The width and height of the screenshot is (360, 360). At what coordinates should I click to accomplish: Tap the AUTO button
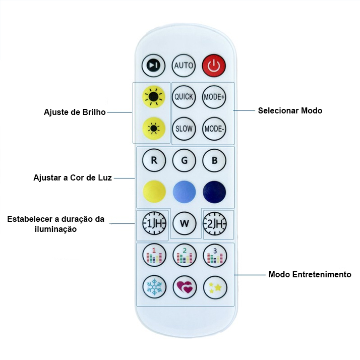pyautogui.click(x=184, y=66)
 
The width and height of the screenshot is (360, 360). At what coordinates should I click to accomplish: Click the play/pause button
pyautogui.click(x=153, y=66)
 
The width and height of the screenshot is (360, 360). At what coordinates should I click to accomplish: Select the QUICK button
pyautogui.click(x=184, y=96)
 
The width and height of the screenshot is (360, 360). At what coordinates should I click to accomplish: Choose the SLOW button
pyautogui.click(x=184, y=128)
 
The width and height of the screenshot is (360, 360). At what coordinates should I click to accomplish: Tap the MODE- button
pyautogui.click(x=214, y=128)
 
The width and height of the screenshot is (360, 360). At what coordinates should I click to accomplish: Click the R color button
pyautogui.click(x=154, y=161)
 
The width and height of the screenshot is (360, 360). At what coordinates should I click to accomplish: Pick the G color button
pyautogui.click(x=184, y=161)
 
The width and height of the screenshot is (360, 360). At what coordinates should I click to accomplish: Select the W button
pyautogui.click(x=184, y=223)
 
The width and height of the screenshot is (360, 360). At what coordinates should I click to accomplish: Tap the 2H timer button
pyautogui.click(x=215, y=223)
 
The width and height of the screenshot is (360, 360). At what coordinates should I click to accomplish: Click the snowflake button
pyautogui.click(x=153, y=287)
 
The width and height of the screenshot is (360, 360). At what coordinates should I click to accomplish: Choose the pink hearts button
pyautogui.click(x=185, y=287)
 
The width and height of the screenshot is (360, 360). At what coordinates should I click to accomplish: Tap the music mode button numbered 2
pyautogui.click(x=185, y=256)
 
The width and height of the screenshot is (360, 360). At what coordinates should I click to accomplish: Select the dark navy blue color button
pyautogui.click(x=214, y=192)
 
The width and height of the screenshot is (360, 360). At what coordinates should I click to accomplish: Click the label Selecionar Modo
pyautogui.click(x=289, y=110)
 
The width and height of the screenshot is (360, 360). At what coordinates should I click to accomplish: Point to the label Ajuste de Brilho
pyautogui.click(x=75, y=112)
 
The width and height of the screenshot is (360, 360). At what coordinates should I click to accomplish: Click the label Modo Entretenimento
pyautogui.click(x=310, y=275)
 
